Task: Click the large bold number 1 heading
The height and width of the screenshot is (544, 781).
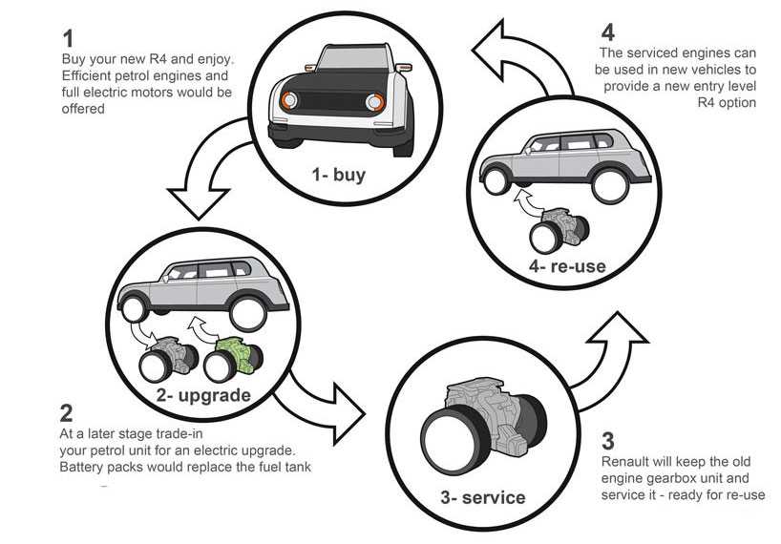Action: (x=67, y=39)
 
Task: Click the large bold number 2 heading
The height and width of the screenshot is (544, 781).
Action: (x=66, y=413)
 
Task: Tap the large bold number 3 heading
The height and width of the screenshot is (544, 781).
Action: (x=608, y=442)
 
